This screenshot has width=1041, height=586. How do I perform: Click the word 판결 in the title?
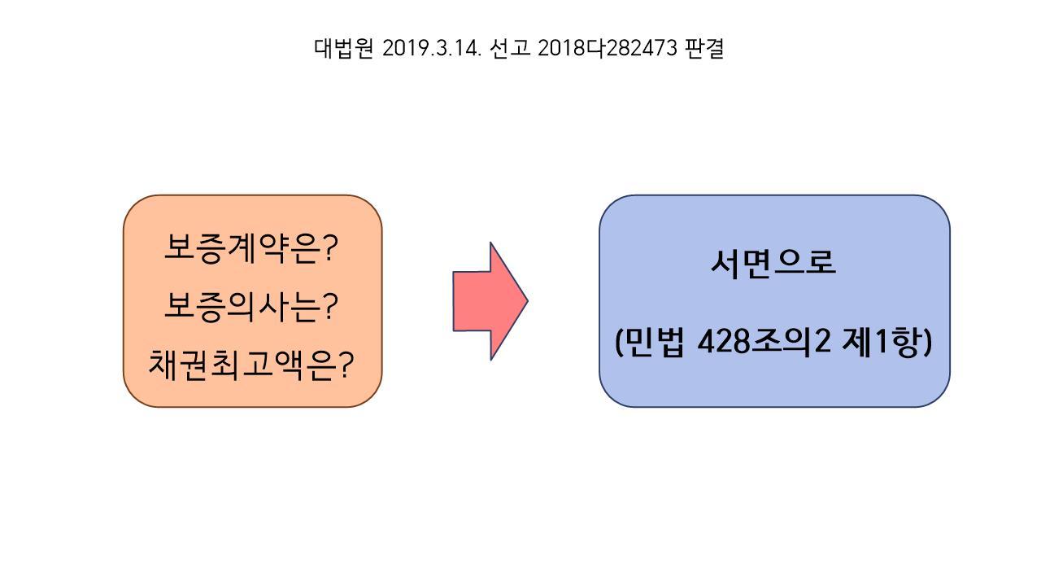(x=704, y=49)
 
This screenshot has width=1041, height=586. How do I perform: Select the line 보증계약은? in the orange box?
(x=251, y=247)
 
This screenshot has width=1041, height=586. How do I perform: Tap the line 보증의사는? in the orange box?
(x=251, y=306)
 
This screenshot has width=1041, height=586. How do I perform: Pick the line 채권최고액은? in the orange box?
(x=251, y=365)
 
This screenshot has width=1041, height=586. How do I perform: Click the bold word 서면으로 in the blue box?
(x=773, y=262)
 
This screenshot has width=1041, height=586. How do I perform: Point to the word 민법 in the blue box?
(x=657, y=342)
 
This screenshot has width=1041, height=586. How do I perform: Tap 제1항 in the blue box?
(x=881, y=342)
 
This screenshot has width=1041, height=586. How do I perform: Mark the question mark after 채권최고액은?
(x=346, y=365)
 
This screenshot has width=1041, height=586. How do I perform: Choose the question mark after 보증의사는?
(x=329, y=307)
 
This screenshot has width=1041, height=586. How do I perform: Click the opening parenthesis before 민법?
(x=620, y=343)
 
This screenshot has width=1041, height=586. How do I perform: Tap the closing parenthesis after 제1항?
(x=926, y=343)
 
